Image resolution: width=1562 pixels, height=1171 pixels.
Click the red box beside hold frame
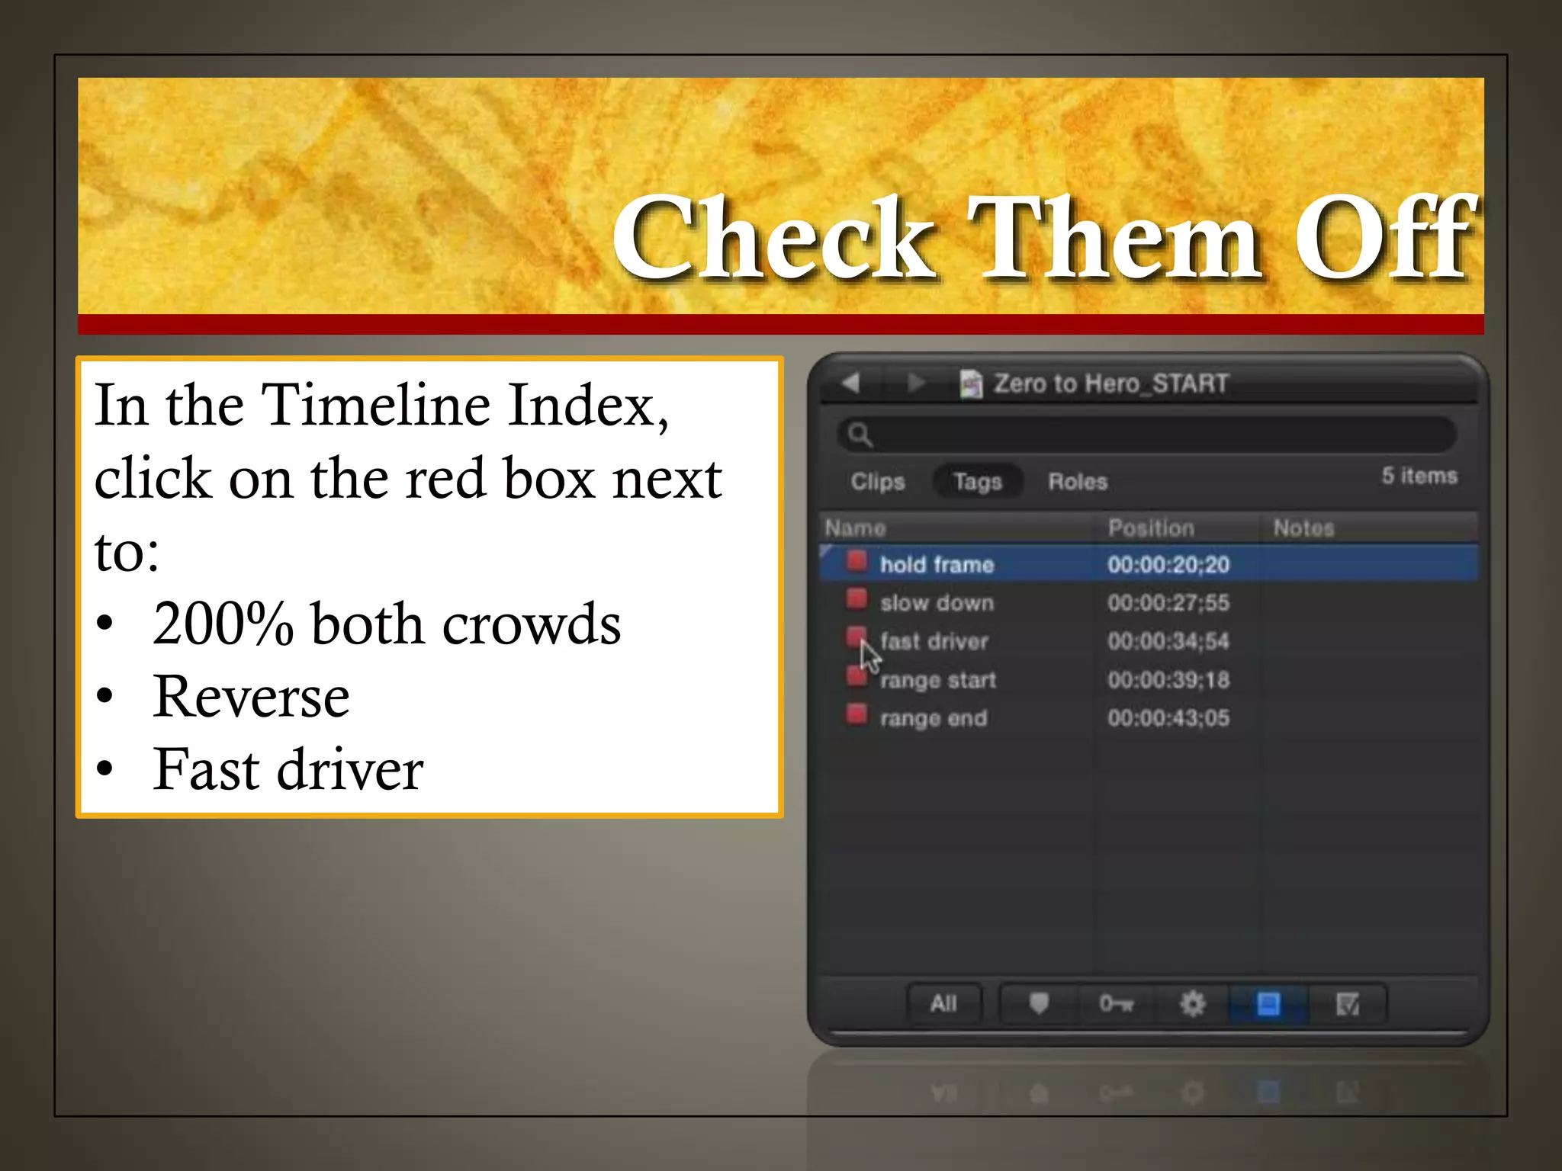pos(857,562)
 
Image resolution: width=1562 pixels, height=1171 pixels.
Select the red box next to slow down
pos(857,599)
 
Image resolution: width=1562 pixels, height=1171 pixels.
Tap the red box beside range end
pos(857,714)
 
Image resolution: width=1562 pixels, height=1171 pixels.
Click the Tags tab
pos(977,482)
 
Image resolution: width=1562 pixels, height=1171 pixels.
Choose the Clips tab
pos(877,482)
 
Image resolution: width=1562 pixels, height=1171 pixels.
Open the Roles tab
pos(1077,482)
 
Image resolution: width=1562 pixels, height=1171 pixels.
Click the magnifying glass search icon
pos(860,435)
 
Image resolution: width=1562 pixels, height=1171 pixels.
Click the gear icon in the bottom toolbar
pos(1192,1003)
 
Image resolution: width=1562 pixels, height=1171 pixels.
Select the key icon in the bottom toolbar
pos(1115,1003)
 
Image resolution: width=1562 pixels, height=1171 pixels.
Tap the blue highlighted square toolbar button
pos(1268,1003)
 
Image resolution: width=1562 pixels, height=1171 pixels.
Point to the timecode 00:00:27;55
pos(1168,603)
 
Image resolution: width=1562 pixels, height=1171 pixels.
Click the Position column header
pos(1150,528)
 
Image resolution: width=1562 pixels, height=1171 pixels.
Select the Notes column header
pos(1303,528)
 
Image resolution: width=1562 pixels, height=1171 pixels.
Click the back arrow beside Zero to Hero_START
pos(851,382)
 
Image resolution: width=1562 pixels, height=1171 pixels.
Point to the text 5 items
pos(1419,476)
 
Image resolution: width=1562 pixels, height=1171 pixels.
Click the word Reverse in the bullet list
pos(251,697)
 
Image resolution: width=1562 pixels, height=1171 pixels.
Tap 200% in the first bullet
pos(223,624)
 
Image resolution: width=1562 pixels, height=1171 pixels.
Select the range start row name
pos(937,680)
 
